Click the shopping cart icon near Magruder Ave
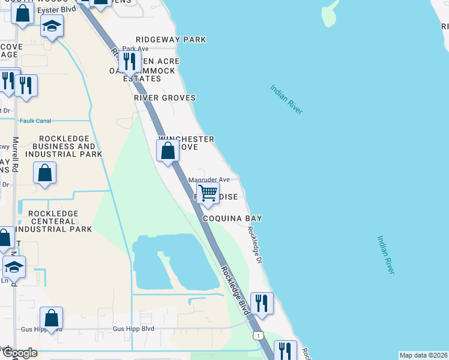[208, 193]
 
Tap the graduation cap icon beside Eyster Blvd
[52, 26]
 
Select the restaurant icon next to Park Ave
[129, 61]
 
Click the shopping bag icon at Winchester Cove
[168, 150]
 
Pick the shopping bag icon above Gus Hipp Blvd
[52, 318]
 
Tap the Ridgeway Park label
[171, 40]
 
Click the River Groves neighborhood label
[164, 97]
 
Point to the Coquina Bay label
[232, 218]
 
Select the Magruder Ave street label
[209, 179]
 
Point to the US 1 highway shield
[257, 335]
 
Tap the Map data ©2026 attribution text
[423, 355]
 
